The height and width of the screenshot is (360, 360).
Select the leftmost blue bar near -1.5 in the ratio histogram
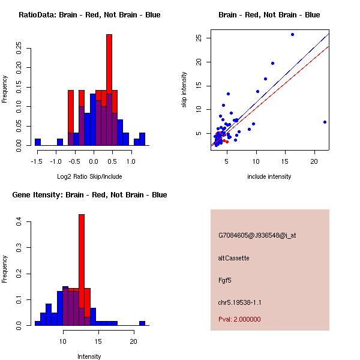[x=38, y=142]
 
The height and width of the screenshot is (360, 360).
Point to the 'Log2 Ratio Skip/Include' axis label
[x=89, y=176]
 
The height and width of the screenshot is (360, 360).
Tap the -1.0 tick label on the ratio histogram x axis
[x=56, y=161]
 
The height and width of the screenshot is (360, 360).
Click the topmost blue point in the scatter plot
[x=292, y=34]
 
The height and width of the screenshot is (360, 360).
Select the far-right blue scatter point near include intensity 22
[x=325, y=122]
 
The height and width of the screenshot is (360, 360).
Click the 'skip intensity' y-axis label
[x=185, y=90]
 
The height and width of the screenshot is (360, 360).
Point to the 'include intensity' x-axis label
[x=269, y=176]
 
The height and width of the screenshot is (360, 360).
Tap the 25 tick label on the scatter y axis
[x=198, y=38]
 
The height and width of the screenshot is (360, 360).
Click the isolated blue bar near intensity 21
[x=142, y=323]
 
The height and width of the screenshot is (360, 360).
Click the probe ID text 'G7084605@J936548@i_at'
[x=257, y=235]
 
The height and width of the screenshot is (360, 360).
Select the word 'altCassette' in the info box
[x=234, y=258]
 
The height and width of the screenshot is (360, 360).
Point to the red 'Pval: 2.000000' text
[x=239, y=319]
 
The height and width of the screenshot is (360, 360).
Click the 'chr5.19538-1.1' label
[x=239, y=302]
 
